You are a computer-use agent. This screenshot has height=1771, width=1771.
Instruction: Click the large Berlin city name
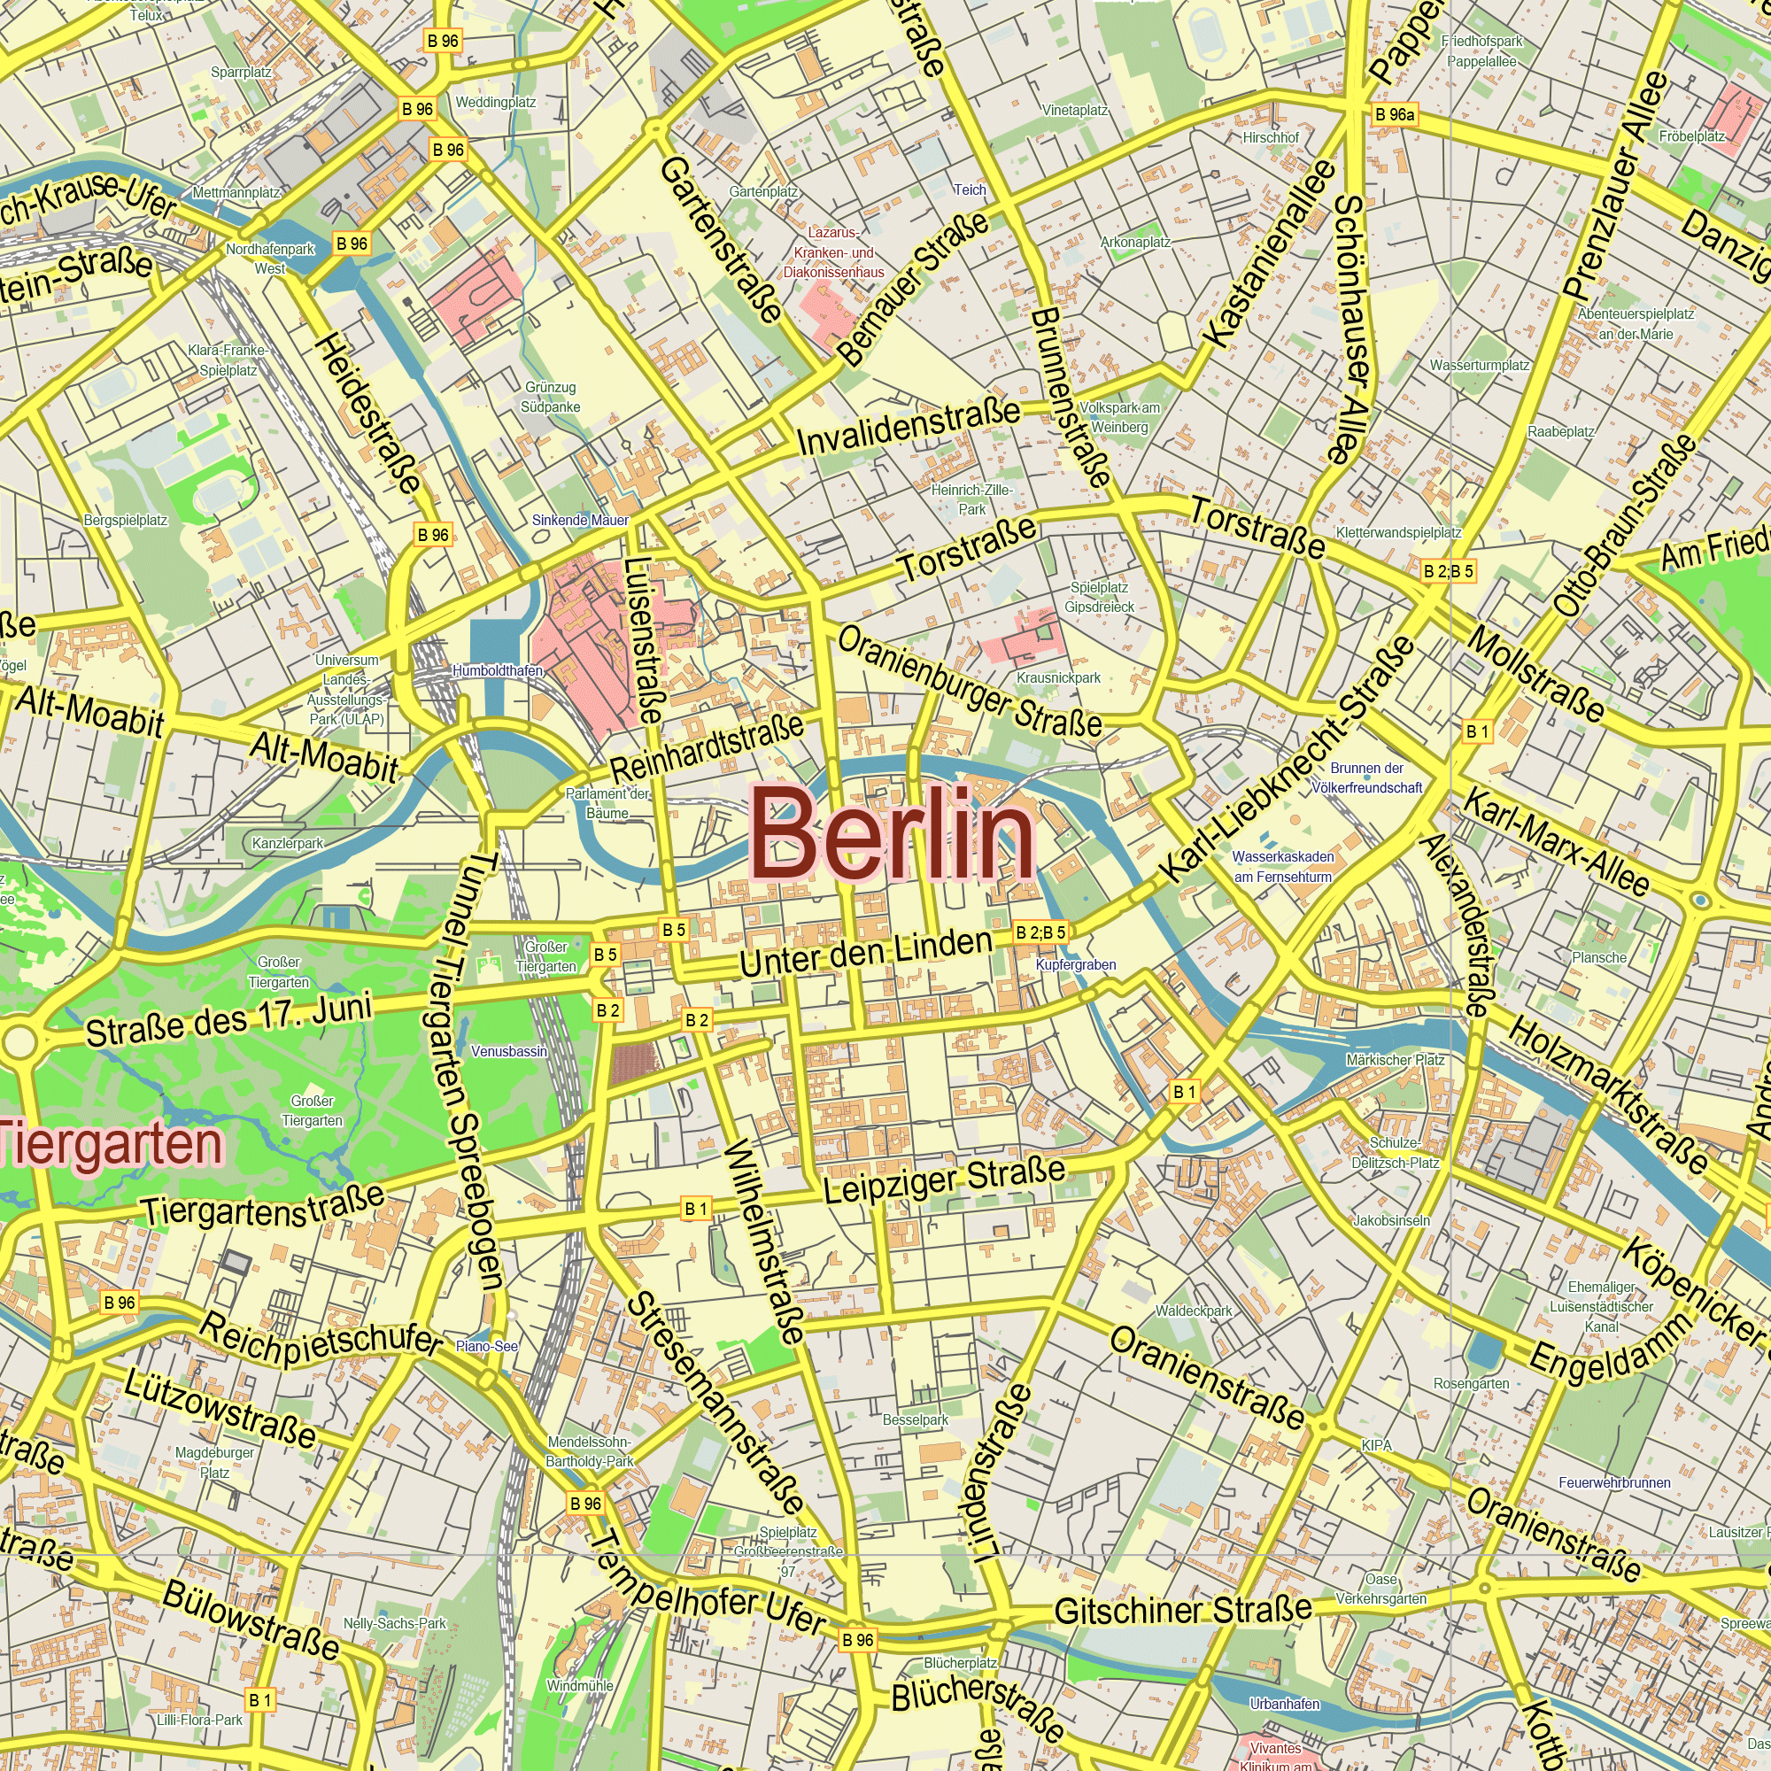point(893,832)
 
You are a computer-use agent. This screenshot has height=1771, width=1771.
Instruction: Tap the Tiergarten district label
point(112,1145)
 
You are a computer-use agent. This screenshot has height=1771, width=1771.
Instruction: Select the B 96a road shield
point(1395,114)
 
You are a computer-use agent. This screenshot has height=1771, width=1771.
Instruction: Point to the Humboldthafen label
point(497,671)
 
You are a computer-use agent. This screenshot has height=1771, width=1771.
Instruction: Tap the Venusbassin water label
point(509,1051)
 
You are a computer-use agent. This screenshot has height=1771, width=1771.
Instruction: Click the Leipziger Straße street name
point(944,1179)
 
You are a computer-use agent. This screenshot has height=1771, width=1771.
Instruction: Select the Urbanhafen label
point(1284,1703)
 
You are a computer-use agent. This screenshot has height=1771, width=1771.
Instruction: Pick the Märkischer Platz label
point(1396,1060)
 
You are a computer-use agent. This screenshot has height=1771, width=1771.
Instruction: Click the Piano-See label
point(487,1347)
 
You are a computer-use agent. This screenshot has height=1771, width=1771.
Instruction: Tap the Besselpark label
point(915,1420)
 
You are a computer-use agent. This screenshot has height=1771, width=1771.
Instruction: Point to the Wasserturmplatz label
point(1480,365)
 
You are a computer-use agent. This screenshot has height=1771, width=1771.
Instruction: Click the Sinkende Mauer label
point(580,520)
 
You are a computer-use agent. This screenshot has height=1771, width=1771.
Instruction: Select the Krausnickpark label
point(1058,677)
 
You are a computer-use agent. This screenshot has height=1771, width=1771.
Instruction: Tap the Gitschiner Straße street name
point(1182,1611)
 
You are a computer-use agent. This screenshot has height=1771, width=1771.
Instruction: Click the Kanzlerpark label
point(288,843)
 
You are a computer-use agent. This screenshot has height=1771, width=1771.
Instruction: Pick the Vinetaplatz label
point(1075,110)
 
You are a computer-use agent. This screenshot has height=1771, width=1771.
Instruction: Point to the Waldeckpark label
point(1194,1311)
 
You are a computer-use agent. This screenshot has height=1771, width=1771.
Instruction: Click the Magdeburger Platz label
point(214,1462)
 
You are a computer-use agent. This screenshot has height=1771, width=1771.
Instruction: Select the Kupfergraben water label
point(1075,964)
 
